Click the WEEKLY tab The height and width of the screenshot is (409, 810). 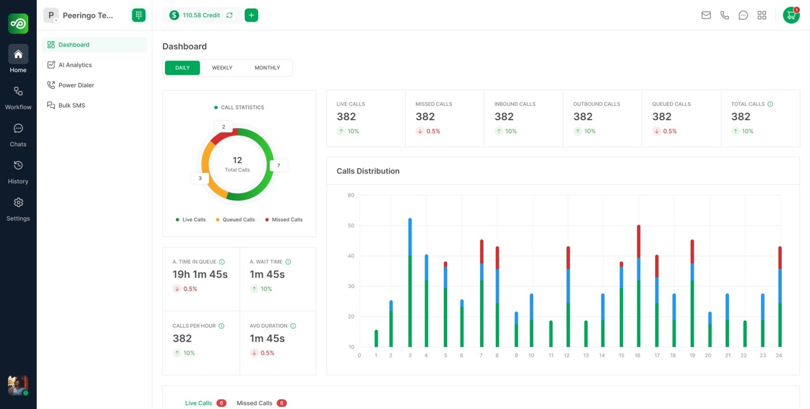(x=222, y=68)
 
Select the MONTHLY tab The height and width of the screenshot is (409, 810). (x=267, y=68)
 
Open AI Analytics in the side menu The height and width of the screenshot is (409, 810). (x=75, y=65)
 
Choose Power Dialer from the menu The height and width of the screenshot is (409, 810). (x=76, y=85)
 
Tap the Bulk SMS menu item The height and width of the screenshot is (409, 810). (x=72, y=105)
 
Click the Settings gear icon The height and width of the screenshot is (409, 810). (x=18, y=203)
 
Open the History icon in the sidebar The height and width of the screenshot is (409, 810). (x=18, y=165)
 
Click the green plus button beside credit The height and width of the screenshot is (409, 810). (x=251, y=15)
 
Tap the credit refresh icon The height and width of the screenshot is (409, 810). (x=230, y=15)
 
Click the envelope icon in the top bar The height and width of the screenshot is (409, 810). (x=706, y=15)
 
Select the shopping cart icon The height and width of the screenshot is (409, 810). (x=791, y=15)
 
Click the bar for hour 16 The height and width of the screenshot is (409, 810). (x=638, y=286)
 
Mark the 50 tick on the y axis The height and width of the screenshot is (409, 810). (x=350, y=225)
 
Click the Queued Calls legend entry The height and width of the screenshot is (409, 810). (x=238, y=220)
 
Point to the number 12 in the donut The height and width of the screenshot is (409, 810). (x=237, y=160)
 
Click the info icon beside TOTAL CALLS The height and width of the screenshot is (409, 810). (x=770, y=104)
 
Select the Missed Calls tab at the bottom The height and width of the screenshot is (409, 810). (x=254, y=403)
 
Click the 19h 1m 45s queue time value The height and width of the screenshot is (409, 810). (x=200, y=274)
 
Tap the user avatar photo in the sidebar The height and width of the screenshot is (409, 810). (x=18, y=385)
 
